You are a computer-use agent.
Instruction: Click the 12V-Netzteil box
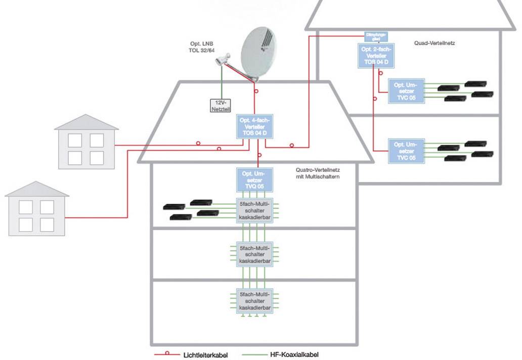(220, 105)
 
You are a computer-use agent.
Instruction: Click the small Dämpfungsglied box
(375, 36)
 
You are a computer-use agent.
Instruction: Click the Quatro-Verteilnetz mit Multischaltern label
(317, 174)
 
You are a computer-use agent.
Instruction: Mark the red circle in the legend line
(170, 355)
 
